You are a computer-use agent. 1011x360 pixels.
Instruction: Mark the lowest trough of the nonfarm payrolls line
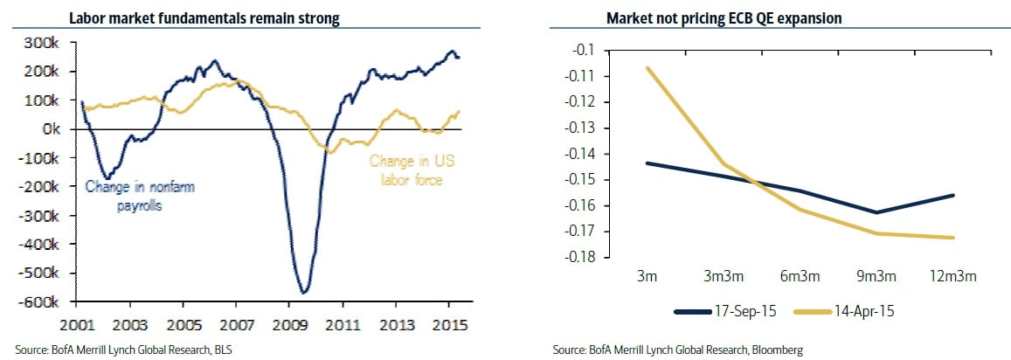click(303, 292)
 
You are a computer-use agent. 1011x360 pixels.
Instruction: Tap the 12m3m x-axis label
click(949, 276)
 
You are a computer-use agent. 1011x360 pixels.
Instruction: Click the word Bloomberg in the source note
click(773, 350)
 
